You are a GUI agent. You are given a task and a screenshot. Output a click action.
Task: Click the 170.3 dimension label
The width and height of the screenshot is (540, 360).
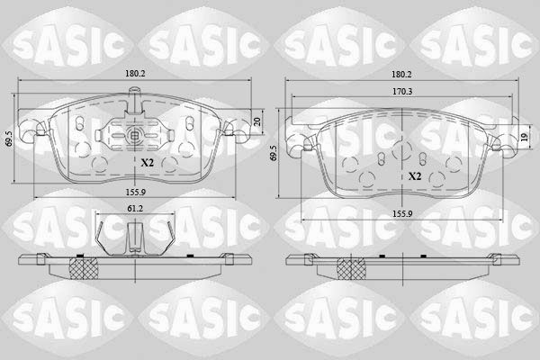pos(402,92)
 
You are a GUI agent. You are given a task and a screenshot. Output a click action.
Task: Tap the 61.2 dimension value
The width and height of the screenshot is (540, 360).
pos(135,208)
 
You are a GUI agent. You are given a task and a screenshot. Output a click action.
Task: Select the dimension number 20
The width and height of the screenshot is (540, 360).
pos(256,121)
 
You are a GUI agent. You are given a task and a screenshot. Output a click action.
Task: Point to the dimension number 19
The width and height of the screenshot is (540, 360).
pos(525,137)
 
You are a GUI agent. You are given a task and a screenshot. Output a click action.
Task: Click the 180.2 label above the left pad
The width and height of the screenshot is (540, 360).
pos(135,74)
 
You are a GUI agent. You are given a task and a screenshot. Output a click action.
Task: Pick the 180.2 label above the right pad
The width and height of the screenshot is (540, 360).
pos(402,74)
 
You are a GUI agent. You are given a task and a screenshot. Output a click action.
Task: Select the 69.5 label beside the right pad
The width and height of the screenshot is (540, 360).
pos(274,152)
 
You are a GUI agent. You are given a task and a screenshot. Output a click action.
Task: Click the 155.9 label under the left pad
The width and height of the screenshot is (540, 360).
pos(135,193)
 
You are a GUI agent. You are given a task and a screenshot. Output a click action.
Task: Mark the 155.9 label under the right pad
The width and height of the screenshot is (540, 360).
pos(402,214)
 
